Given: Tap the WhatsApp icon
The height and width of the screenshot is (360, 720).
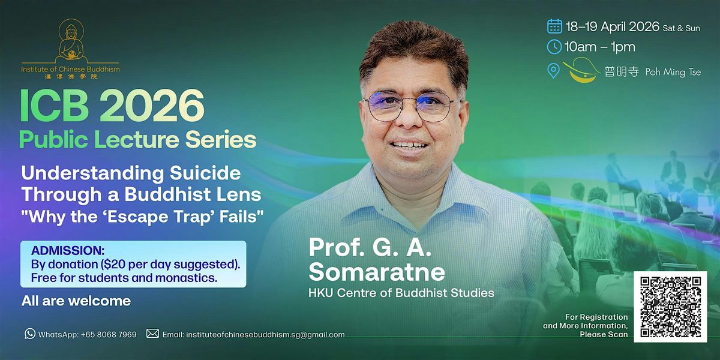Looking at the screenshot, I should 30,334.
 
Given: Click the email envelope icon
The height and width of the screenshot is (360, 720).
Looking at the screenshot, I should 152,334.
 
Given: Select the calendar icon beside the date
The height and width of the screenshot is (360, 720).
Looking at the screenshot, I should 554,26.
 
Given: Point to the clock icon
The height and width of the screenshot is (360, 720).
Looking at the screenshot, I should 554,47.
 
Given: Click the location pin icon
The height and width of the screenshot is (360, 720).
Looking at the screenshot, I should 554,71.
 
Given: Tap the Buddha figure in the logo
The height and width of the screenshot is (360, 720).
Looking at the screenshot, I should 70,42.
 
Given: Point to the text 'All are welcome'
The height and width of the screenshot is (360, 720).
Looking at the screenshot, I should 76,301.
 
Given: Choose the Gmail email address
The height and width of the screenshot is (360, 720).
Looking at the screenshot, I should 265,334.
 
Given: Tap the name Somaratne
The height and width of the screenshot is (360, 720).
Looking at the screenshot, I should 377,272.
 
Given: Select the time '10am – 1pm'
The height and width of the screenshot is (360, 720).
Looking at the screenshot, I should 600,47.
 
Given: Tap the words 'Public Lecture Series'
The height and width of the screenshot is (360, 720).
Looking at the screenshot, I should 137,140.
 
